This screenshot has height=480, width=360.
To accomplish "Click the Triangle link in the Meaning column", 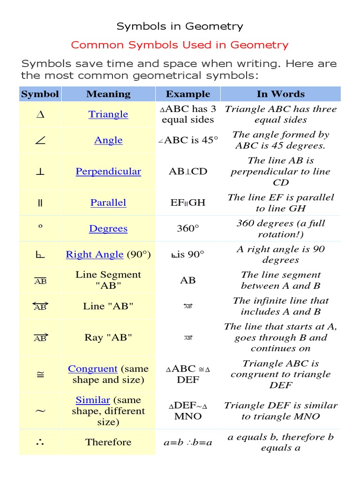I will click(108, 114).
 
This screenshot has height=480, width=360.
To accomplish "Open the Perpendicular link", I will click(108, 172).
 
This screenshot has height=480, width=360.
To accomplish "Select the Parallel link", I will click(108, 203).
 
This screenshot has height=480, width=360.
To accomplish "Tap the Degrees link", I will click(108, 229).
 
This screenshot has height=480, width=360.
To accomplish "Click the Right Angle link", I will click(95, 255).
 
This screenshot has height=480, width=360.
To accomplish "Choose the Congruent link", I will click(92, 369).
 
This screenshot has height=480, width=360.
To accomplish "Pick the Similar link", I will click(93, 400).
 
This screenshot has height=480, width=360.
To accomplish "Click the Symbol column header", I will click(40, 94).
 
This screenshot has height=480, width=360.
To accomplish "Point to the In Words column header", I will click(280, 94).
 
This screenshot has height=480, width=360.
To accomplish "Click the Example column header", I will click(188, 94).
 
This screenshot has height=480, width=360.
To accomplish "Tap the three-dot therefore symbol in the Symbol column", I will click(40, 442).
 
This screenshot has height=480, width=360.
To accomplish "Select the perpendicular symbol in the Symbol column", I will click(40, 172).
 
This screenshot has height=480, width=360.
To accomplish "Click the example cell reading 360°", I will click(188, 229).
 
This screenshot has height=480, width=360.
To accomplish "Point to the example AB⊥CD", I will click(188, 172).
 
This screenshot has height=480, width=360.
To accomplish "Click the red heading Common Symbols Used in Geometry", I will click(180, 45).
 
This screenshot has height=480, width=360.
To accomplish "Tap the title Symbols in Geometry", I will click(180, 26).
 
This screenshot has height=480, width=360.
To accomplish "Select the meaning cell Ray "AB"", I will click(108, 337).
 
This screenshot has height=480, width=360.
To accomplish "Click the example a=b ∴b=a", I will click(188, 442).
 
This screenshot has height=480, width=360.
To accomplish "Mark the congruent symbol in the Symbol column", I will click(40, 374).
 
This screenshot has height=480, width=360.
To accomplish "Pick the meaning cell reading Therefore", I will click(108, 442).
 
